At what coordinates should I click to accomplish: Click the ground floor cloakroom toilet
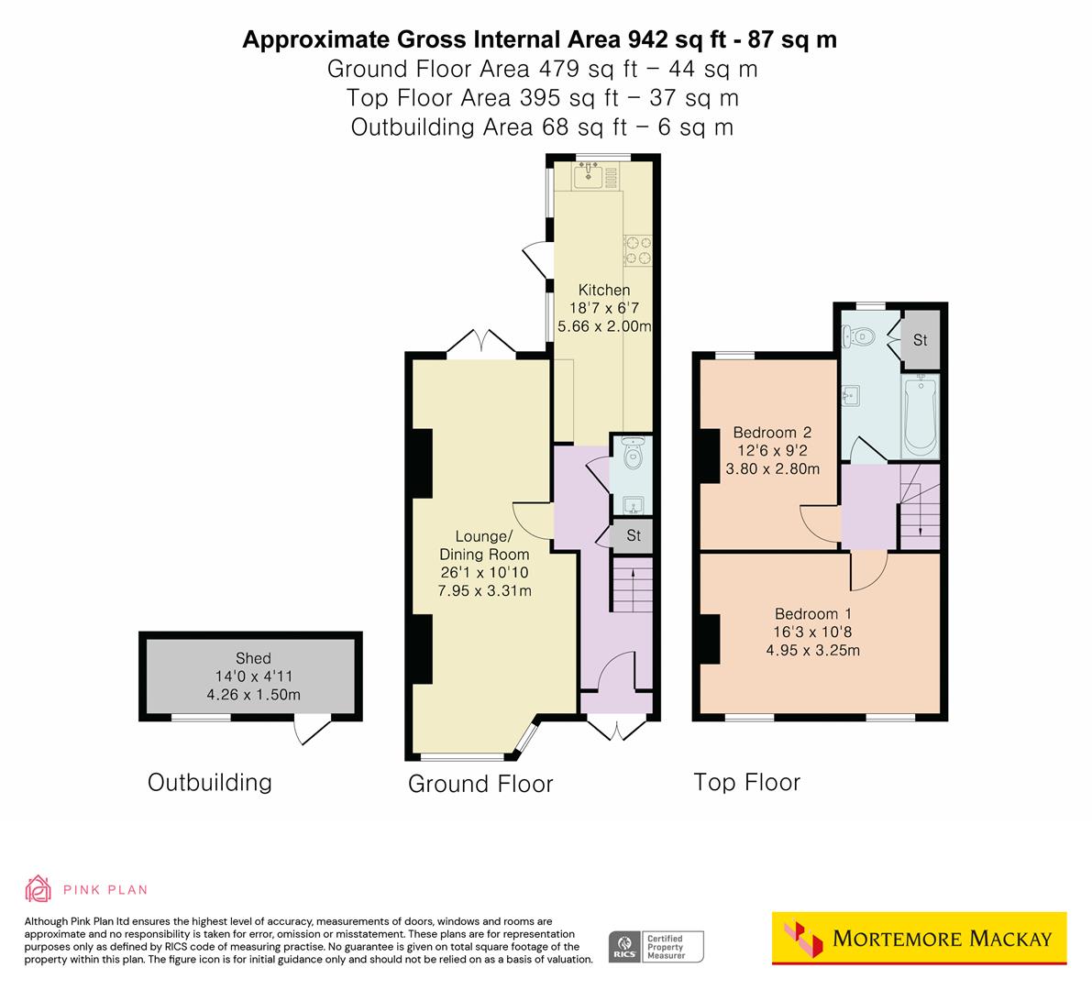coord(632,453)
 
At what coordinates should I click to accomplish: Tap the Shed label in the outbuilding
coord(253,657)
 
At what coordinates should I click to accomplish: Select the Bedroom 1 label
coord(806,613)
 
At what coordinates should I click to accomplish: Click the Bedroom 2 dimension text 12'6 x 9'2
coord(772,450)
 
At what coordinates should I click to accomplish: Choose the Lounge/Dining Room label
coord(484,544)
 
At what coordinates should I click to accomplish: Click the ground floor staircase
coord(631,588)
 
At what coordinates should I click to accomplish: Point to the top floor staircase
coord(918,504)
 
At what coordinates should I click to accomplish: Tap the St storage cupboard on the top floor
coord(920,339)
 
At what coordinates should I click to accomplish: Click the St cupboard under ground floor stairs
coord(633,535)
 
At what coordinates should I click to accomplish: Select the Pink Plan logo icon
coord(39,888)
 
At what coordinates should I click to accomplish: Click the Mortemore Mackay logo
coord(919,938)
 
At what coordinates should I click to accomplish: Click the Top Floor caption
coord(746,782)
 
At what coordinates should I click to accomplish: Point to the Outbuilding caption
coord(210,782)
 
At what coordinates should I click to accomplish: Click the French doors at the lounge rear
coord(482,343)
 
